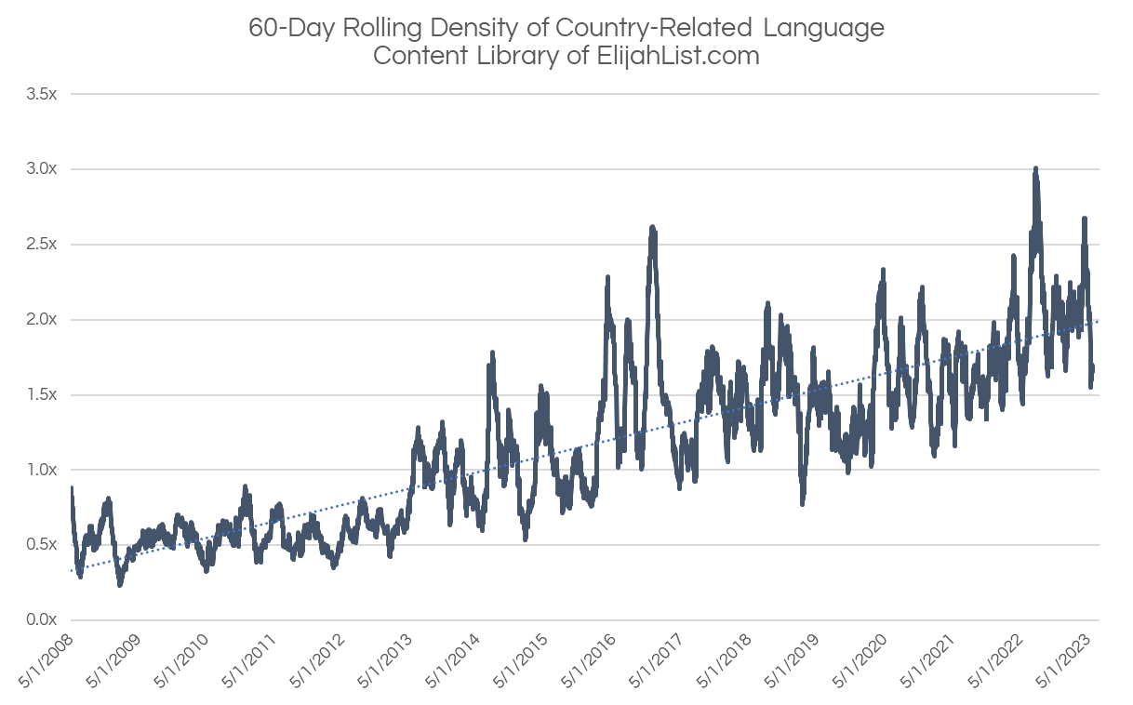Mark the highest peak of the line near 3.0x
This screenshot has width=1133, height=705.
(1035, 168)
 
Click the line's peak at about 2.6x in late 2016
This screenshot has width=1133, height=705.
(652, 227)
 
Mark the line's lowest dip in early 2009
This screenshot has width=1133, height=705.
(120, 584)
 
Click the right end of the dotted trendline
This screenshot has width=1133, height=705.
(1099, 321)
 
